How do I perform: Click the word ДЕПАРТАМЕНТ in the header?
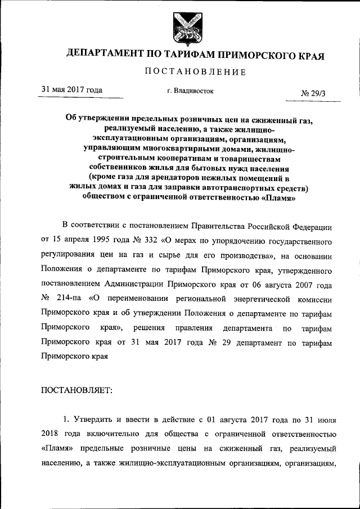click(x=105, y=55)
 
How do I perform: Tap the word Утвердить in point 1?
click(x=96, y=420)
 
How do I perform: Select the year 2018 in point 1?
click(x=51, y=434)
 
